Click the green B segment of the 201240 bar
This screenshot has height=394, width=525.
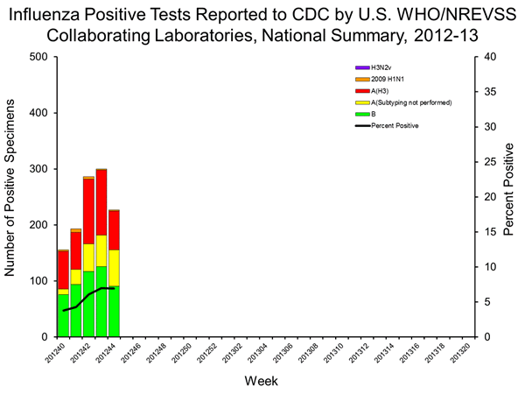coord(63,315)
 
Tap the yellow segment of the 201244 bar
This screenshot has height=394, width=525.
coord(114,267)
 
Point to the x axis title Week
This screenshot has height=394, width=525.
coord(262,382)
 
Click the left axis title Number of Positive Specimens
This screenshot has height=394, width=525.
coord(12,197)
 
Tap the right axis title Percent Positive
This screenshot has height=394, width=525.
coord(514,197)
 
